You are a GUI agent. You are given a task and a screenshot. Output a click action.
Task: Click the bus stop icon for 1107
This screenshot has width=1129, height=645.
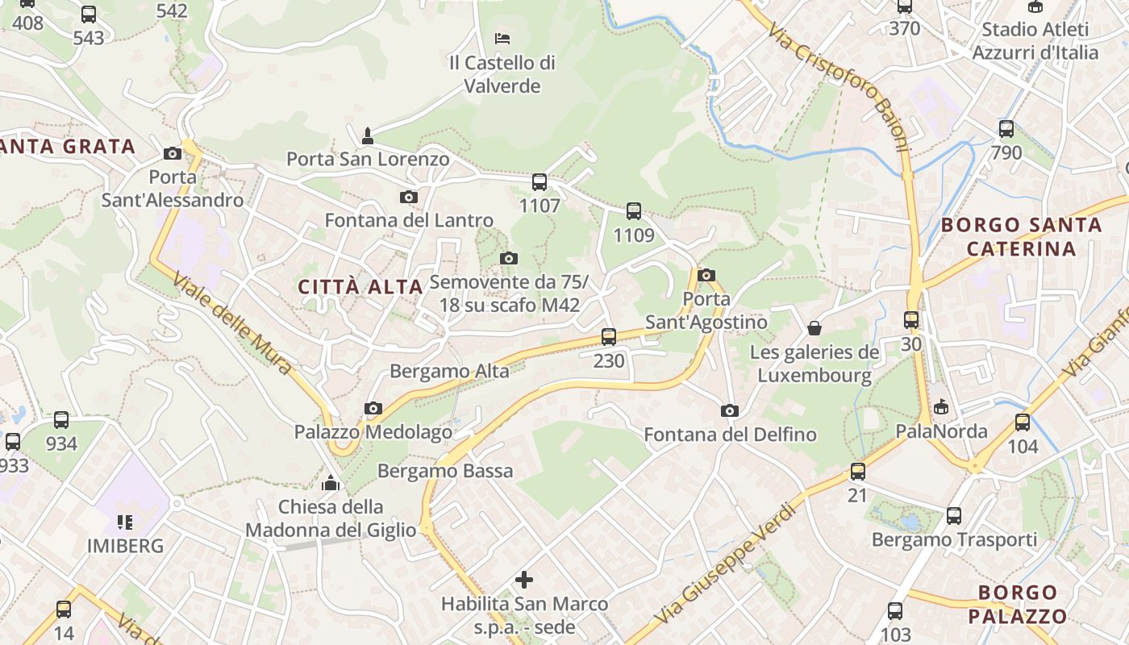pos(540,182)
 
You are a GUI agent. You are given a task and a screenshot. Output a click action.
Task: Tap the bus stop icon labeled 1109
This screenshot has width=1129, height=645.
pos(634,211)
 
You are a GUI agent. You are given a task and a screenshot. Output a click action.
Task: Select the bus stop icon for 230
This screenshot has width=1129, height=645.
pos(609,337)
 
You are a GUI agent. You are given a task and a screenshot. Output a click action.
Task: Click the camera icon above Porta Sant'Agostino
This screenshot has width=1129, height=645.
pos(706,275)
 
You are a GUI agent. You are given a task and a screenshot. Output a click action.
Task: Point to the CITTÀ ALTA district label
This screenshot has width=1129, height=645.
pos(360,286)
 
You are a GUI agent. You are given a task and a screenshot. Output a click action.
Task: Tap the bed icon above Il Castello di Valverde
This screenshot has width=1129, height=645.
pos(502,38)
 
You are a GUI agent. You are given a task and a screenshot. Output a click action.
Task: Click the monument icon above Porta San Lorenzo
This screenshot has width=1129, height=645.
pos(368,135)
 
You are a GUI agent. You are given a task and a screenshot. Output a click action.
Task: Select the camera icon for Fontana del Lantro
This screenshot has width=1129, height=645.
pos(409,197)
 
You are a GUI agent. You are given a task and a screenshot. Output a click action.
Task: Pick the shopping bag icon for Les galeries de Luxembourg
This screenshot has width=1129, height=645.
pos(814,328)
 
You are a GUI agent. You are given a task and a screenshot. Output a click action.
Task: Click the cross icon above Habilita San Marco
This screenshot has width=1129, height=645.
pos(524,579)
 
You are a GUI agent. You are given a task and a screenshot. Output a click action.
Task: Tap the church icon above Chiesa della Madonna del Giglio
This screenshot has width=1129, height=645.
pos(331,483)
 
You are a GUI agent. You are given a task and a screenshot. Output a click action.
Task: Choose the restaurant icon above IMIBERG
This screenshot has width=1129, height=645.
pos(124,522)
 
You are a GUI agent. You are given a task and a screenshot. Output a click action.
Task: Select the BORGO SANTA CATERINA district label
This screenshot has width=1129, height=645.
pos(1021,236)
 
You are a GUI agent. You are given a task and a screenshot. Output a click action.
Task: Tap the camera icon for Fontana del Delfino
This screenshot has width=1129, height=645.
pos(730,410)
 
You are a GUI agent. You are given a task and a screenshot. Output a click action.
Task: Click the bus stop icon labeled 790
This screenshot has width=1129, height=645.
pos(1006,129)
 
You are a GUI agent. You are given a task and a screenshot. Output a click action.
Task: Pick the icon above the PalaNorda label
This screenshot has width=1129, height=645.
pos(941,407)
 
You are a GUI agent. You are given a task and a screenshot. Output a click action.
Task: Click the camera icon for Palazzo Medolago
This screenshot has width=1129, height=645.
pos(373,409)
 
